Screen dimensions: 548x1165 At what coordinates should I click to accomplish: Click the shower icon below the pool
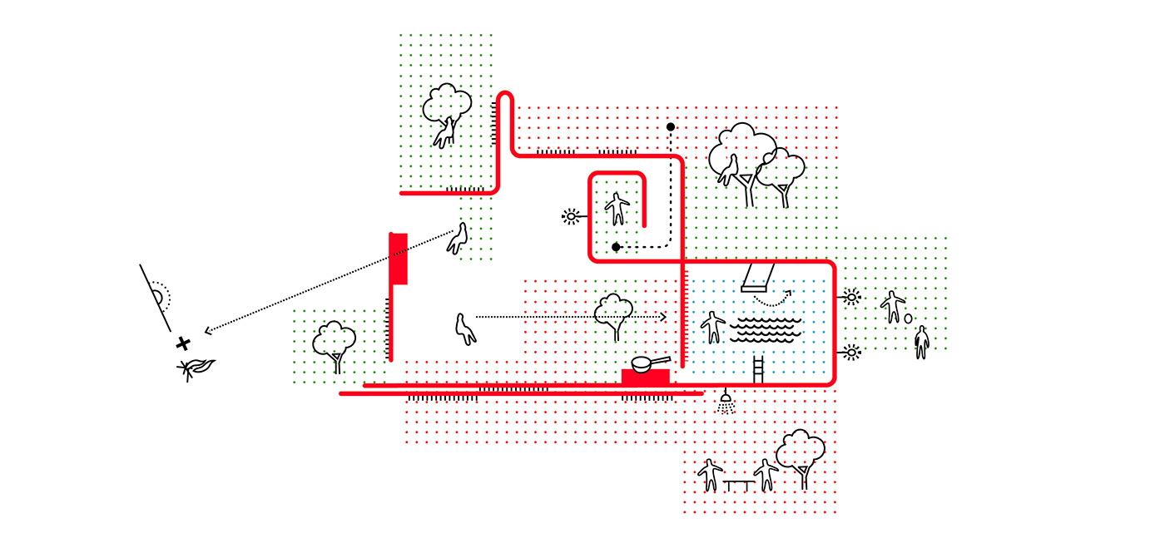[x=726, y=402]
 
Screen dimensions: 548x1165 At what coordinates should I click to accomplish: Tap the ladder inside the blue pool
[x=758, y=367]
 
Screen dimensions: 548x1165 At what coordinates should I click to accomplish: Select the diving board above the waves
[x=757, y=278]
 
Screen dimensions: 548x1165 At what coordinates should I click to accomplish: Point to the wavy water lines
[x=766, y=328]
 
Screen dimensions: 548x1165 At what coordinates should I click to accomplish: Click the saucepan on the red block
[x=648, y=363]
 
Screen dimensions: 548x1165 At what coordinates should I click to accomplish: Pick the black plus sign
[x=182, y=343]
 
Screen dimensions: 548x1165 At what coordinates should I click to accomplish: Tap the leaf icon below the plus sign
[x=196, y=368]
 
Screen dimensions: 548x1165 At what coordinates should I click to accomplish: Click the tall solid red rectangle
[x=399, y=259]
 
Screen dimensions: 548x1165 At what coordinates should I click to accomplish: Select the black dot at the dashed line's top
[x=670, y=127]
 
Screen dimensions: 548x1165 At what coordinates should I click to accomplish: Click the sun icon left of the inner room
[x=571, y=217]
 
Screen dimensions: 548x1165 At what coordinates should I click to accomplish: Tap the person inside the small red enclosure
[x=617, y=208]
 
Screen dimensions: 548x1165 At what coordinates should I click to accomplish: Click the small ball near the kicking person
[x=908, y=318]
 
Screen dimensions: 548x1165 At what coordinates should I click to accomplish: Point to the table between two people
[x=737, y=482]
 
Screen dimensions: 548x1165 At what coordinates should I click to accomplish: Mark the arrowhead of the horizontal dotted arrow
[x=662, y=317]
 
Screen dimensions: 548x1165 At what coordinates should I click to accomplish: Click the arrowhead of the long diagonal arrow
[x=208, y=330]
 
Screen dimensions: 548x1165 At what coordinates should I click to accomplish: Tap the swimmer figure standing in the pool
[x=713, y=327]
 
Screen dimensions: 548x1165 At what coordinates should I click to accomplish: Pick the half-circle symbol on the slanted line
[x=158, y=295]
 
